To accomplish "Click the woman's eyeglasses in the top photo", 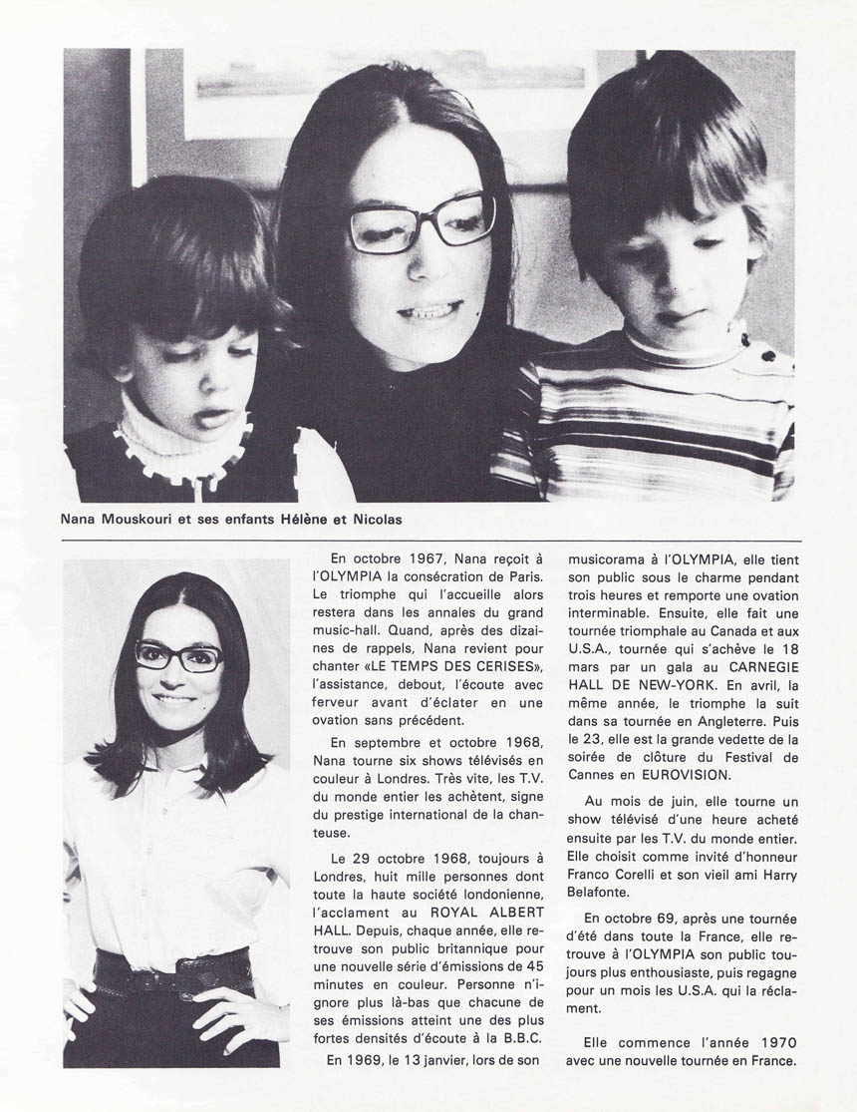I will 421,222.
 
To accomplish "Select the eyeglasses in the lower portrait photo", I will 178,655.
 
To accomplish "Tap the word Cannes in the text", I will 593,775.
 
